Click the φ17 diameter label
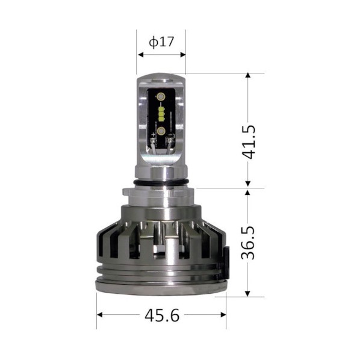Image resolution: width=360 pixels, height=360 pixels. [161, 42]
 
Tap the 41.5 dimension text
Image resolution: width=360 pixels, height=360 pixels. [249, 142]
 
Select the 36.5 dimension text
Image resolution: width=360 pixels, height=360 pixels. [248, 243]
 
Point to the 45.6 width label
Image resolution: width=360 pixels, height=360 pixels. [162, 315]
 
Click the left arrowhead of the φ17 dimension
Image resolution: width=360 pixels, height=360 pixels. [140, 55]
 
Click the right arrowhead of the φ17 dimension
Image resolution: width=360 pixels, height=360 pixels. [183, 55]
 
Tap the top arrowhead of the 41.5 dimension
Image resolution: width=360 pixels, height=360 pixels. [247, 76]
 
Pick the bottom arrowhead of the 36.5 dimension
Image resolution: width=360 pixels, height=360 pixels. [247, 294]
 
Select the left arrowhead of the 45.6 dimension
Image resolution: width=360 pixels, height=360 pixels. [100, 314]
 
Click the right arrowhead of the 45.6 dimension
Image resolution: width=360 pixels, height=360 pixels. [223, 314]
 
